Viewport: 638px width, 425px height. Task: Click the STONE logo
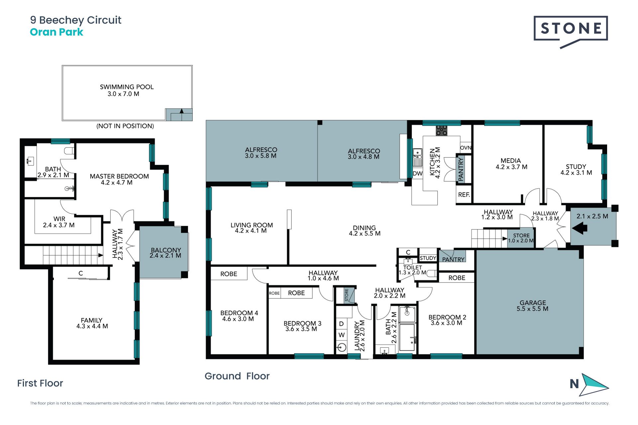pyautogui.click(x=571, y=32)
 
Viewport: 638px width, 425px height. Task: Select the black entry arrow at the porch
pyautogui.click(x=580, y=228)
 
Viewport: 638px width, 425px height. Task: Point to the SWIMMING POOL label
pyautogui.click(x=127, y=87)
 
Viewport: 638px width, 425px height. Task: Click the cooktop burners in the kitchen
pyautogui.click(x=442, y=130)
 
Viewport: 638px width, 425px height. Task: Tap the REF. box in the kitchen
pyautogui.click(x=464, y=195)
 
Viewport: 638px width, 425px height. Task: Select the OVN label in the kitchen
pyautogui.click(x=466, y=148)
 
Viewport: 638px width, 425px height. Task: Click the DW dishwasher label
pyautogui.click(x=417, y=173)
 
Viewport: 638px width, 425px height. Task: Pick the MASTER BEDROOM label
pyautogui.click(x=119, y=176)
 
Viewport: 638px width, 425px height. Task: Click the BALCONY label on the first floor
pyautogui.click(x=166, y=250)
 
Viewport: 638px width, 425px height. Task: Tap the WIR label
pyautogui.click(x=59, y=219)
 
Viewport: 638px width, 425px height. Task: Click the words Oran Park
pyautogui.click(x=56, y=32)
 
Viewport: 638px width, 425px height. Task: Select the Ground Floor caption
pyautogui.click(x=237, y=376)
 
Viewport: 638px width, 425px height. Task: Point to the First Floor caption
pyautogui.click(x=40, y=383)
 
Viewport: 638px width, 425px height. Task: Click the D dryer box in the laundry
pyautogui.click(x=341, y=323)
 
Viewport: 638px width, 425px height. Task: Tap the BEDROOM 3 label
pyautogui.click(x=302, y=323)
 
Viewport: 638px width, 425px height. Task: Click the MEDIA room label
pyautogui.click(x=511, y=161)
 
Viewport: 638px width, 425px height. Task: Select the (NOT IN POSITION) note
pyautogui.click(x=125, y=126)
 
